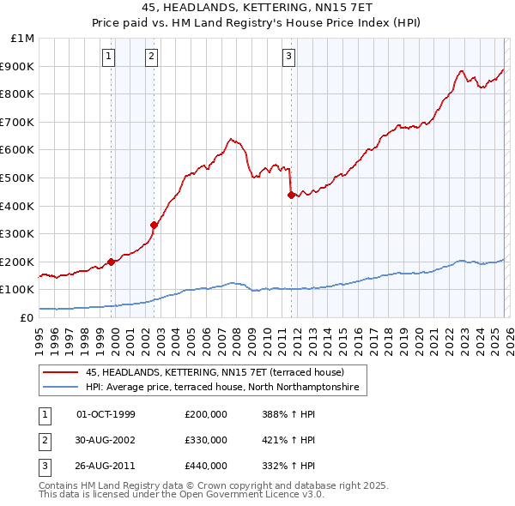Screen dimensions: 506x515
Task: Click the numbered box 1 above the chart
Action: coord(110,57)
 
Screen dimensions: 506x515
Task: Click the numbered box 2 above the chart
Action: coord(151,57)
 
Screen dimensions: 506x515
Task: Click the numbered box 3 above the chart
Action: coord(289,57)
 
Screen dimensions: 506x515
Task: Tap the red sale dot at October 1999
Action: coord(111,262)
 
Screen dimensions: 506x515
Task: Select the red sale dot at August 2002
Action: coord(154,226)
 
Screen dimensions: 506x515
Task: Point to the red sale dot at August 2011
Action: coord(291,195)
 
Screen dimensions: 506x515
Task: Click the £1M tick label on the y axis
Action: coord(23,39)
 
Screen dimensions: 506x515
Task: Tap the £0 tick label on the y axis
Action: coord(27,317)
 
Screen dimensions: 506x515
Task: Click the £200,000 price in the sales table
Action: coord(206,414)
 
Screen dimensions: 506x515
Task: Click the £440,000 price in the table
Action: coord(206,466)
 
